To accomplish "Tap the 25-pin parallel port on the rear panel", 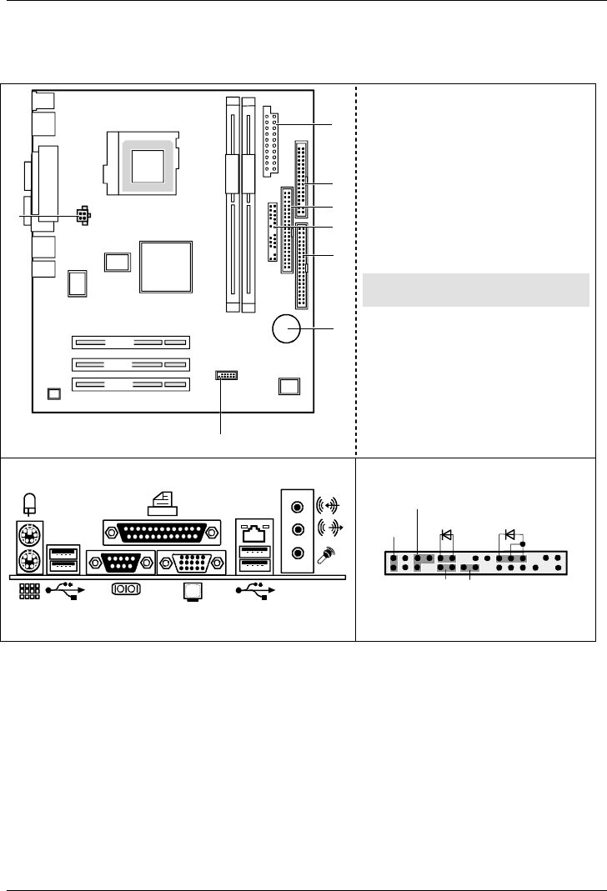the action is (x=162, y=531).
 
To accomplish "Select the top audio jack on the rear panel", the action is (x=296, y=506).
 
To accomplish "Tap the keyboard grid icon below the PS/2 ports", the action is (x=28, y=591).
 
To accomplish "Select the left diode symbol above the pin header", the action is (x=446, y=534).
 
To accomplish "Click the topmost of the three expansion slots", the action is (x=130, y=343).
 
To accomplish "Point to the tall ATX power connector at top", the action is (x=268, y=142).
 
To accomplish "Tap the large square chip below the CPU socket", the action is (x=167, y=267).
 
